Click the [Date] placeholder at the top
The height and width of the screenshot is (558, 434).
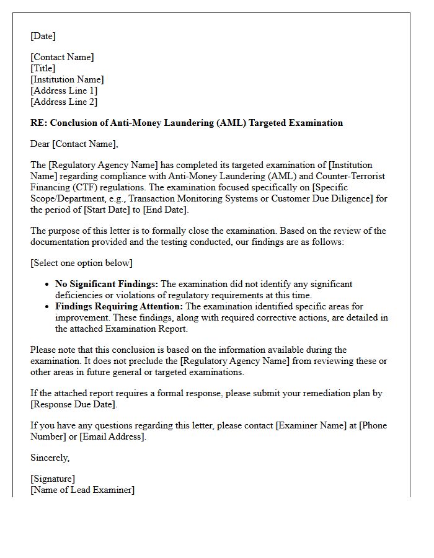tap(43, 37)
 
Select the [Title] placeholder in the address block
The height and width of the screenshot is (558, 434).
tap(43, 68)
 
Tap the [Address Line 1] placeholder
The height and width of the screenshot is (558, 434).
tap(64, 91)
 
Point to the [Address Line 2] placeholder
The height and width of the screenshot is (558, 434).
tap(64, 102)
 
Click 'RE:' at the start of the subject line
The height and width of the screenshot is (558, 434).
tap(38, 123)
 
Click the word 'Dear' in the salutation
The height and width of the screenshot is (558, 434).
tap(40, 144)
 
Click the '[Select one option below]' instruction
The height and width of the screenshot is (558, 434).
tap(81, 263)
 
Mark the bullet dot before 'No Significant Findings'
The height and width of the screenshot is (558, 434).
tap(48, 285)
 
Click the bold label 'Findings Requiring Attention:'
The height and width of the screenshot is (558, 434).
tap(119, 306)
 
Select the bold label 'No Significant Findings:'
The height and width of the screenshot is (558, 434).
tap(107, 284)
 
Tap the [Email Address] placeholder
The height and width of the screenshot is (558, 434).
tap(113, 436)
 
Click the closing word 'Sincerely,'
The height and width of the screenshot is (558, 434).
tap(50, 458)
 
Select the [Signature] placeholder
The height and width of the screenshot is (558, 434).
tap(53, 479)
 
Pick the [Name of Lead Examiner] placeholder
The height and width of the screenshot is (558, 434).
tap(82, 490)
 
